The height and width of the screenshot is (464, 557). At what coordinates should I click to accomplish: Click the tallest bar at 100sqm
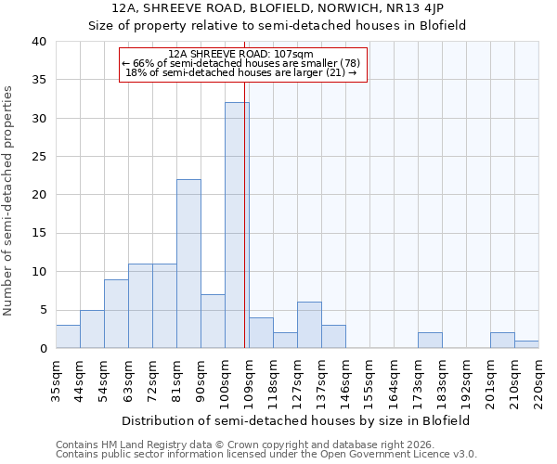pyautogui.click(x=237, y=226)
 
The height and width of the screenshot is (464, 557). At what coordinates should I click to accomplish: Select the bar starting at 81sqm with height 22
pyautogui.click(x=188, y=264)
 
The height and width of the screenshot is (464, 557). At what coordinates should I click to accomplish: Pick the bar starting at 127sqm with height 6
pyautogui.click(x=309, y=325)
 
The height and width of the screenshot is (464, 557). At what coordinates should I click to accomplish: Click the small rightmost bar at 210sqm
pyautogui.click(x=526, y=344)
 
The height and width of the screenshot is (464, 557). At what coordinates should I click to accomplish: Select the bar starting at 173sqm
pyautogui.click(x=430, y=341)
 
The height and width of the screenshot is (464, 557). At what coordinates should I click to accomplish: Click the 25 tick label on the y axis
pyautogui.click(x=39, y=157)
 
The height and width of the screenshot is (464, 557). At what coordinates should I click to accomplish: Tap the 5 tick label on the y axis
pyautogui.click(x=43, y=310)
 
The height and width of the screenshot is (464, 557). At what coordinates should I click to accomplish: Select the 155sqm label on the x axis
pyautogui.click(x=369, y=379)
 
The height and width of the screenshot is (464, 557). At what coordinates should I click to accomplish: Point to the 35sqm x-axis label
pyautogui.click(x=56, y=379)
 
